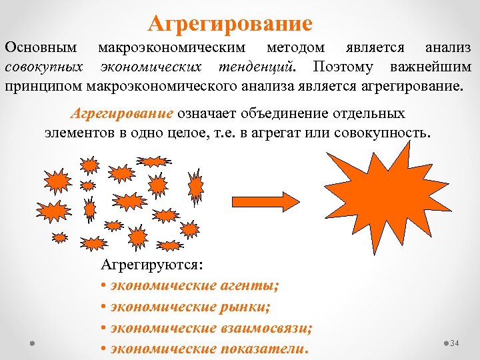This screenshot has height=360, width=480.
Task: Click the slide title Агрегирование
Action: [230, 24]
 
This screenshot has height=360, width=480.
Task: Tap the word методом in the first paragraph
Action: [296, 48]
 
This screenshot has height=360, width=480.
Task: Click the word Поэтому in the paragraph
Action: [345, 67]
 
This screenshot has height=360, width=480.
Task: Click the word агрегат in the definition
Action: [295, 132]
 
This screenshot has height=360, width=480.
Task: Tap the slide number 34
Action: [455, 343]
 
